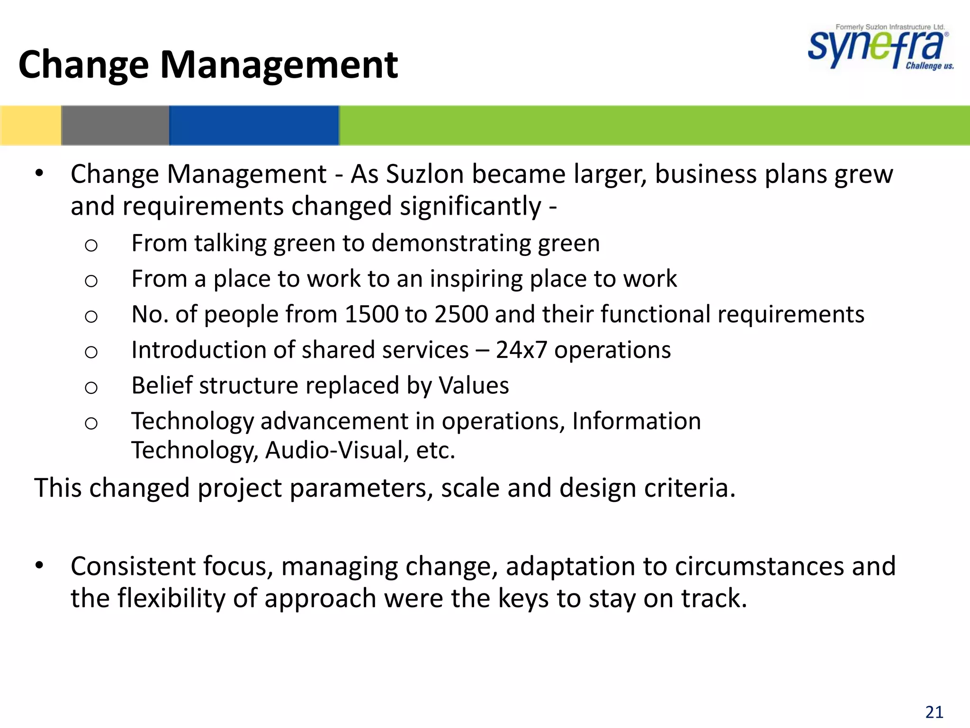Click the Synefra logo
tap(879, 47)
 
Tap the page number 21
tap(934, 712)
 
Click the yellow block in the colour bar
tap(30, 125)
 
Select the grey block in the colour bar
tap(115, 125)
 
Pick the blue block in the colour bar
tap(254, 125)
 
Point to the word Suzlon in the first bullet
tap(424, 174)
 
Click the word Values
tap(474, 385)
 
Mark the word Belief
tap(162, 385)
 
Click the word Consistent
tap(133, 566)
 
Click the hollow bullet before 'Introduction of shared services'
tap(91, 352)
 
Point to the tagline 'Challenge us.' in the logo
tap(929, 66)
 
